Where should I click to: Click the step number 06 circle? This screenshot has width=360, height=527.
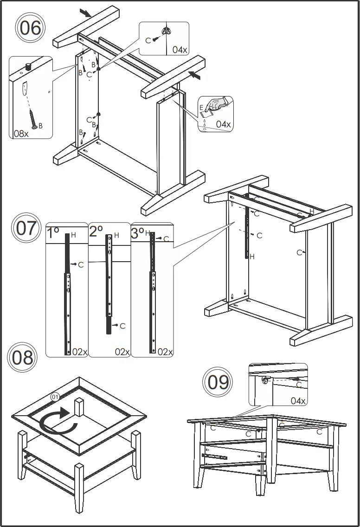click(30, 28)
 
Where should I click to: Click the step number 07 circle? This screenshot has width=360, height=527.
click(26, 228)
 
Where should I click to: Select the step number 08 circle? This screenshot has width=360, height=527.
click(22, 358)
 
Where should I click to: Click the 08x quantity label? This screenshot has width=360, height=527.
click(21, 134)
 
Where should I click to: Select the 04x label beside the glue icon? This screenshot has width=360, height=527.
click(223, 124)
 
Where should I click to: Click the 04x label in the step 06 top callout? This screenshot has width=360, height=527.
click(179, 50)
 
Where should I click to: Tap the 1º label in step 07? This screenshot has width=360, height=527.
click(53, 232)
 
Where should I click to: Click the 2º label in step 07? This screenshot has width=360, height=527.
click(96, 231)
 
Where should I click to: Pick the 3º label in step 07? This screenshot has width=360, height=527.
click(138, 232)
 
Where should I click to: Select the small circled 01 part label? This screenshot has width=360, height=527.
click(55, 397)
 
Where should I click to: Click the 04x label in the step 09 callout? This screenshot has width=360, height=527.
click(298, 400)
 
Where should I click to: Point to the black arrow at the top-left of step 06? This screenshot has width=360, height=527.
click(85, 13)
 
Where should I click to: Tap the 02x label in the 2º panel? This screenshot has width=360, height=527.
click(122, 352)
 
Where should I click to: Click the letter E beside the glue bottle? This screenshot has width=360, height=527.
click(201, 108)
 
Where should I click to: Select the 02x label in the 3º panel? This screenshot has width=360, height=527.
click(165, 352)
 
